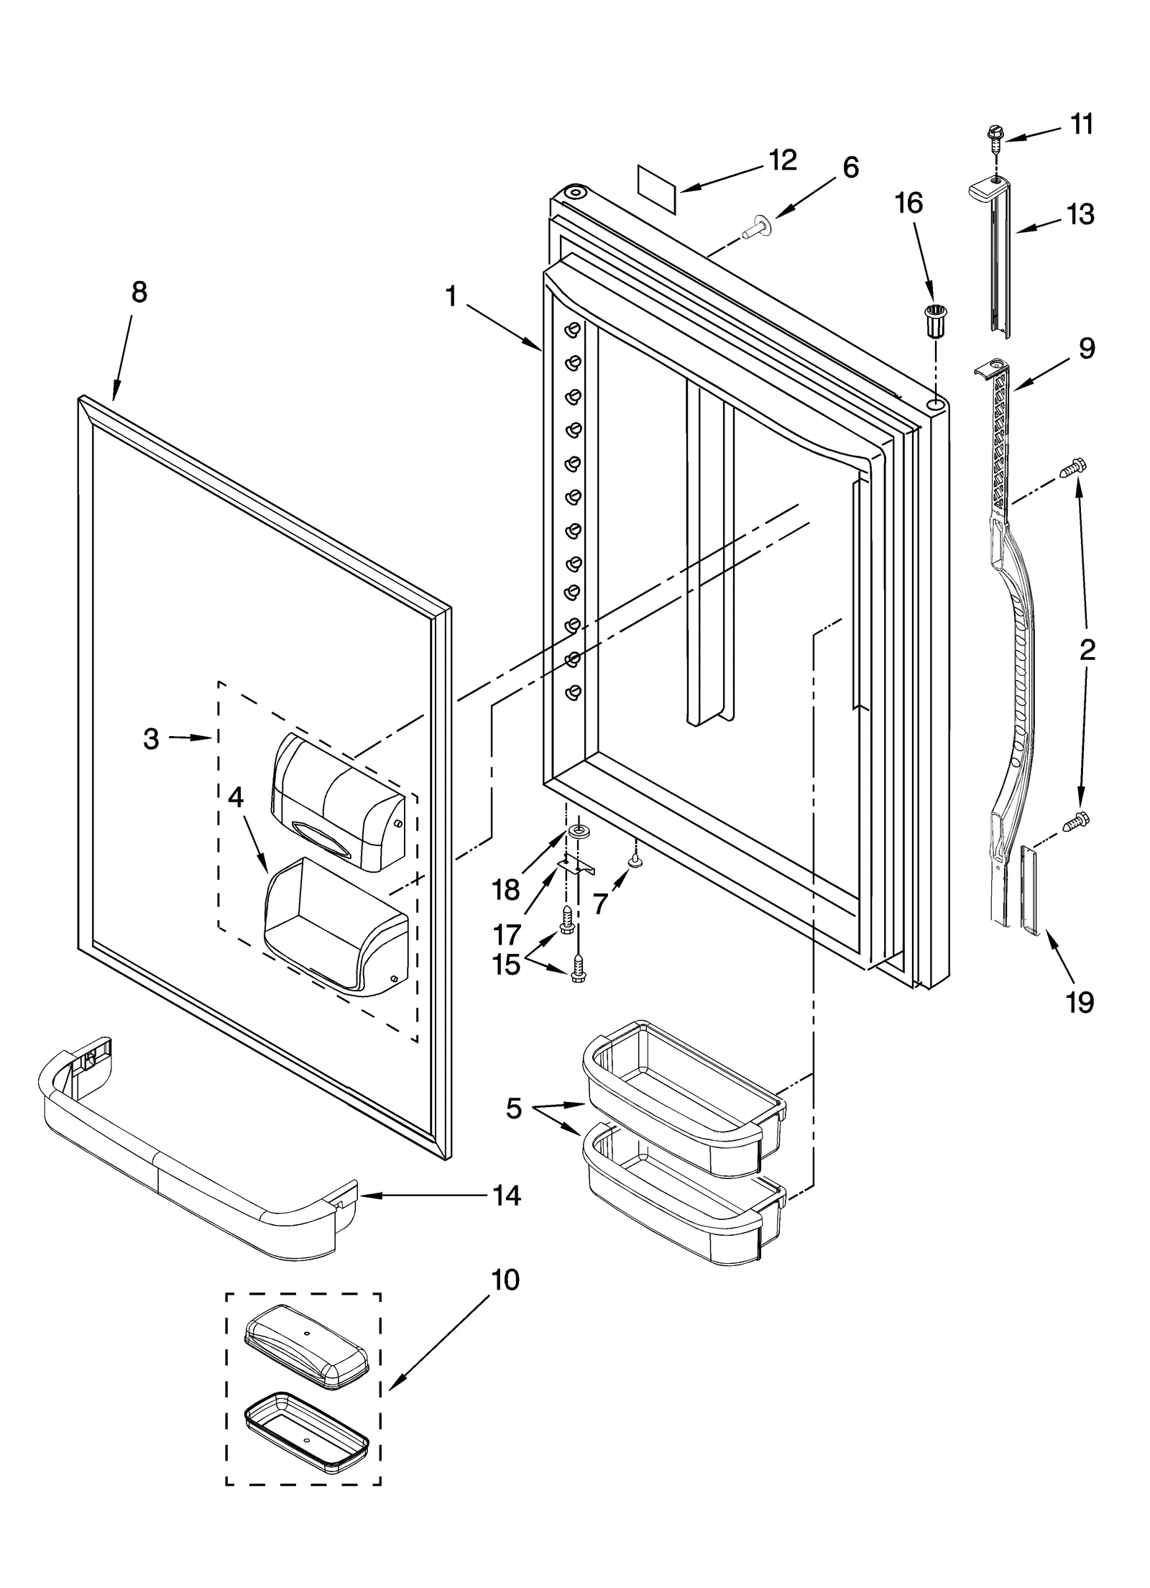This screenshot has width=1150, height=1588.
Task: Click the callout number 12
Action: point(783,160)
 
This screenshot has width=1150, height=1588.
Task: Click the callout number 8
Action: point(139,292)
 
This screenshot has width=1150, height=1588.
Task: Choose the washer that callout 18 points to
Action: point(576,832)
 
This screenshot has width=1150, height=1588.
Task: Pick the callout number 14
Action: point(507,1195)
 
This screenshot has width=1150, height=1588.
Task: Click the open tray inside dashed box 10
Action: point(306,1428)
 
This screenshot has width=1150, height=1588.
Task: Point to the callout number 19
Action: point(1080,1001)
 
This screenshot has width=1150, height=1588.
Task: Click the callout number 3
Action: point(150,738)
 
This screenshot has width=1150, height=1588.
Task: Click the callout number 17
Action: point(506,935)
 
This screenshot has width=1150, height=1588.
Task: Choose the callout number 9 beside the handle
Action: point(1086,348)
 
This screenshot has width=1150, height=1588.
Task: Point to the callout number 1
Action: point(451,295)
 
